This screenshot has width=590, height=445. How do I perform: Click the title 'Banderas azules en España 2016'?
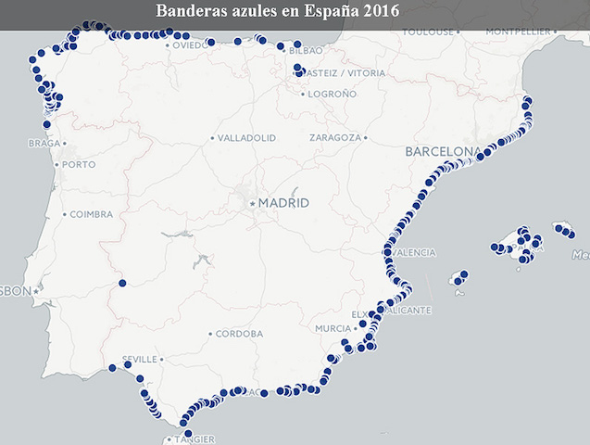click(278, 12)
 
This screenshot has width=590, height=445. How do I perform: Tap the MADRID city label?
click(283, 203)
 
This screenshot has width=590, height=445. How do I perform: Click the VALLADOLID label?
click(246, 137)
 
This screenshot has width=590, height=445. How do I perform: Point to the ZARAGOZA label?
click(334, 137)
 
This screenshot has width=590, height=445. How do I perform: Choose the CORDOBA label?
click(239, 334)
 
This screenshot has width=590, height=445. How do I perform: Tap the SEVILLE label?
click(142, 359)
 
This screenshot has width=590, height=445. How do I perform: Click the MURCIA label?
click(333, 328)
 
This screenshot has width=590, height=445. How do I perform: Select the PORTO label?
click(79, 165)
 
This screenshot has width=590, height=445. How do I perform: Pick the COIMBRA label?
click(91, 214)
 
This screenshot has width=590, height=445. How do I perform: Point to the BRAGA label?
click(44, 144)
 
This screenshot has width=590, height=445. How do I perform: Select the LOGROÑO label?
click(332, 94)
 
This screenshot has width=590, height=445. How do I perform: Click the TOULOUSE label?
click(428, 32)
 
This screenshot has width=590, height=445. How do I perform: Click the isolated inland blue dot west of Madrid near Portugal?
click(122, 283)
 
